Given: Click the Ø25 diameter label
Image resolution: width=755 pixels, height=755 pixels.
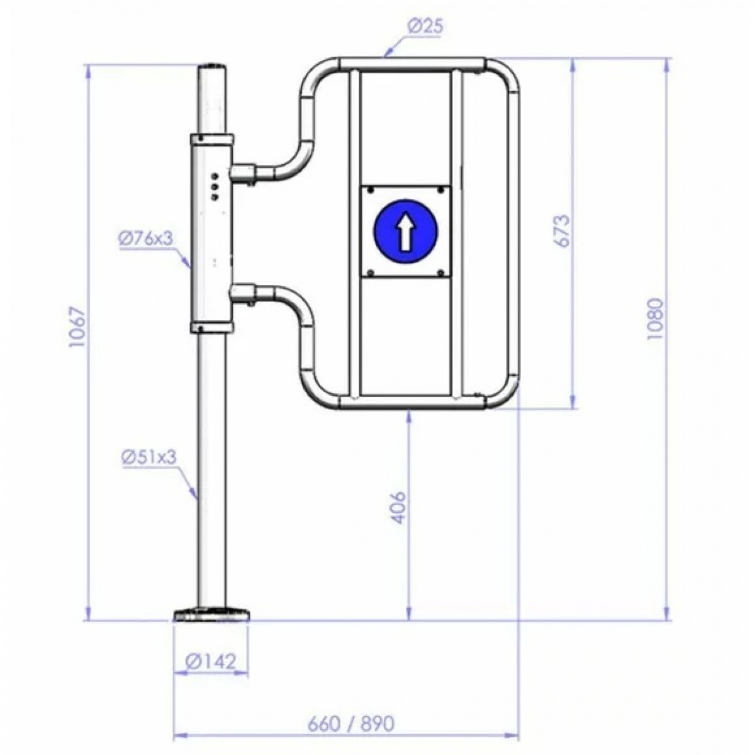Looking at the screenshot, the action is coord(425,28).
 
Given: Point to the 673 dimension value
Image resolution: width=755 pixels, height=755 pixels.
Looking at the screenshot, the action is coord(561,231).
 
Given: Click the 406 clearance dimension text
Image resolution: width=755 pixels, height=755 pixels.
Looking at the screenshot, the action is coord(398,507).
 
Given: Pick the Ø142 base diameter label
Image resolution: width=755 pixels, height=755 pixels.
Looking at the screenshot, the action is coord(211,662).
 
